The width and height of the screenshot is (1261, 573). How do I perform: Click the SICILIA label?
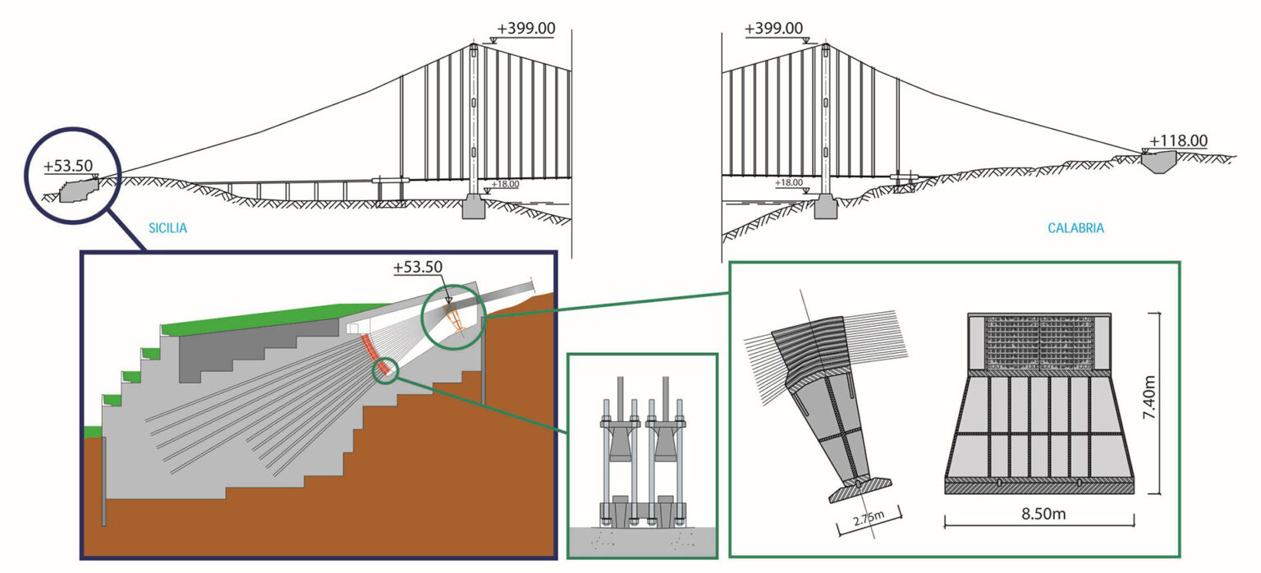pyautogui.click(x=167, y=228)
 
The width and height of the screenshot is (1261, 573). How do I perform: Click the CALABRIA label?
pyautogui.click(x=1075, y=228)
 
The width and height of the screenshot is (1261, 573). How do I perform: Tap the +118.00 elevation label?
pyautogui.click(x=1179, y=141)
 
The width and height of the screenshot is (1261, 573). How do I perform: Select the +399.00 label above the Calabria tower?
pyautogui.click(x=773, y=29)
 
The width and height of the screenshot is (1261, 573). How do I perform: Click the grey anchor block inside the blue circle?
pyautogui.click(x=78, y=191)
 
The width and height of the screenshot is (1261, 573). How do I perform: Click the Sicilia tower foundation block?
pyautogui.click(x=474, y=207)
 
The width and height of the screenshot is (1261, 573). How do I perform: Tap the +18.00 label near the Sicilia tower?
pyautogui.click(x=504, y=185)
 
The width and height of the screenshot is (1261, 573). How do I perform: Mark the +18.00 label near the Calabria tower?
pyautogui.click(x=789, y=183)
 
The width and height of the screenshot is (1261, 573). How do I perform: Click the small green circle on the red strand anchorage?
pyautogui.click(x=385, y=370)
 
